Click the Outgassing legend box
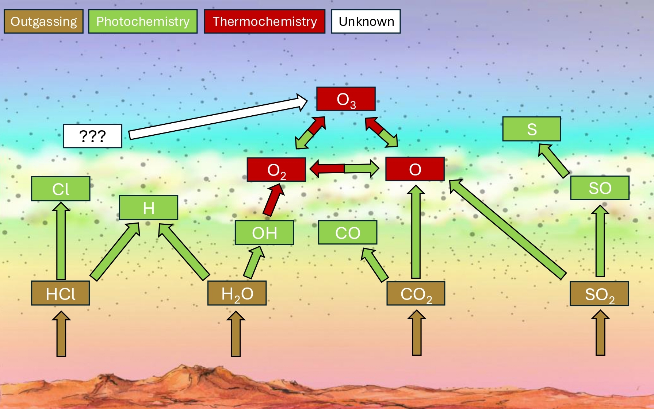point(43,22)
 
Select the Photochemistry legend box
point(143,22)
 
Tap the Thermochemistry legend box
point(265,22)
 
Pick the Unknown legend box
point(366,22)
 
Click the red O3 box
point(346,99)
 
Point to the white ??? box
point(93,136)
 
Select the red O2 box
point(276,170)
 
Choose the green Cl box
point(61,189)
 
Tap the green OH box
point(264,233)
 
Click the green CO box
point(348,233)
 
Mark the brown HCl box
point(60,293)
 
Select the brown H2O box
point(237,293)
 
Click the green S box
point(532,129)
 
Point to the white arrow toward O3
point(218,117)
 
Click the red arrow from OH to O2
point(273,200)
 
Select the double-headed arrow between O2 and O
point(344,169)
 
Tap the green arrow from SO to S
point(554,161)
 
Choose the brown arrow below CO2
point(417,333)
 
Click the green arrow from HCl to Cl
point(61,241)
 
